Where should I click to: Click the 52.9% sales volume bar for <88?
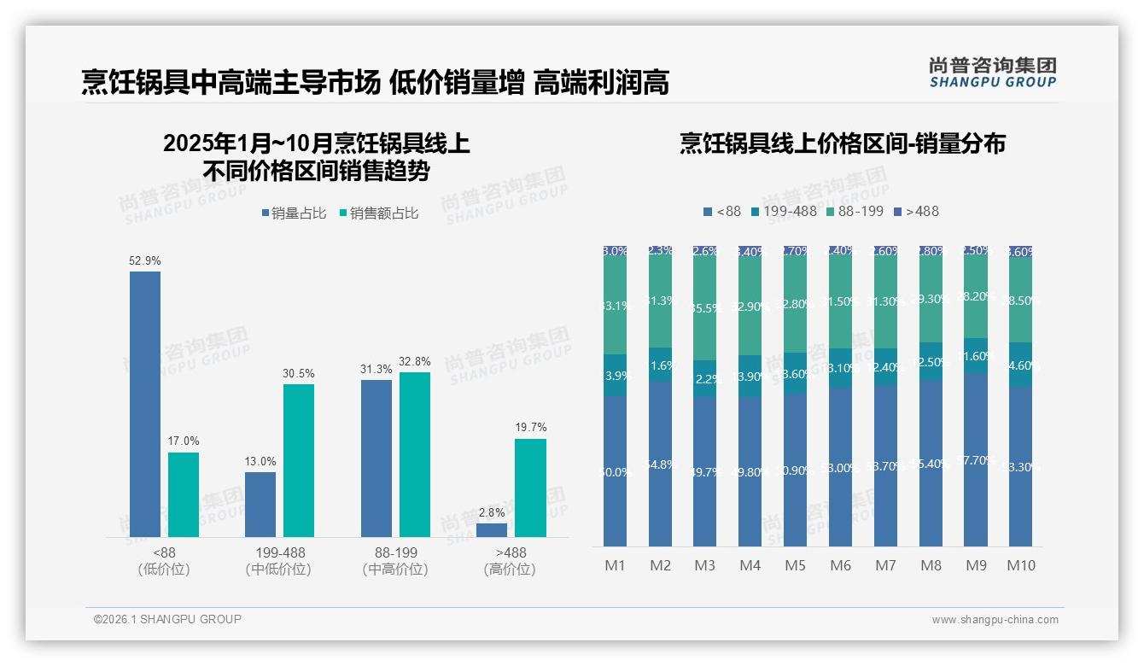pyautogui.click(x=145, y=404)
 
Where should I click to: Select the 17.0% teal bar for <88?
pyautogui.click(x=184, y=494)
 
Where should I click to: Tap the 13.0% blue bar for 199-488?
pyautogui.click(x=260, y=505)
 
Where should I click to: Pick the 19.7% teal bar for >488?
pyautogui.click(x=530, y=488)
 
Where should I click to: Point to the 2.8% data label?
pyautogui.click(x=492, y=512)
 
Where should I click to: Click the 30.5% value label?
pyautogui.click(x=299, y=373)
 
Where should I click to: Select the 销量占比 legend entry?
pyautogui.click(x=294, y=213)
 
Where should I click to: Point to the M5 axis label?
pyautogui.click(x=796, y=565)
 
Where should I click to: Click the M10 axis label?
pyautogui.click(x=1021, y=565)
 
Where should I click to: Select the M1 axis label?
pyautogui.click(x=615, y=565)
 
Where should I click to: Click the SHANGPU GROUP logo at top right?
pyautogui.click(x=992, y=72)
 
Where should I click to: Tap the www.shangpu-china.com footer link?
pyautogui.click(x=995, y=620)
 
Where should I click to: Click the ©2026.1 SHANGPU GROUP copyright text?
pyautogui.click(x=167, y=619)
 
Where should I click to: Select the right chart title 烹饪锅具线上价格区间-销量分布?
pyautogui.click(x=842, y=143)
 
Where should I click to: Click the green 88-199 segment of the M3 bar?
pyautogui.click(x=705, y=307)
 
